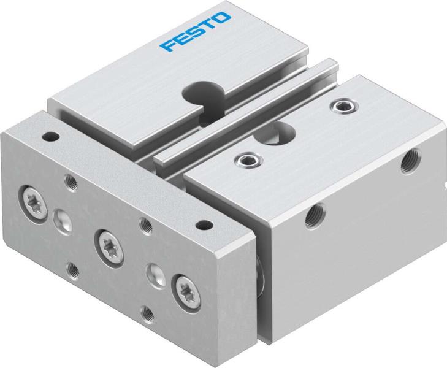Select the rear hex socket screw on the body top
click(338, 108)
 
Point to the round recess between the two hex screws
click(281, 131)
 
